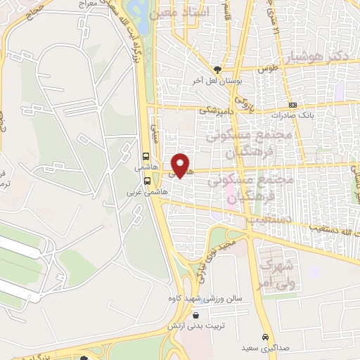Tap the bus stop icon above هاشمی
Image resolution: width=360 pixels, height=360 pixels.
146,157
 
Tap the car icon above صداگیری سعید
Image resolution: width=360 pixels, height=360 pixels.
265,337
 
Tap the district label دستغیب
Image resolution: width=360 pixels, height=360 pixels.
264,219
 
